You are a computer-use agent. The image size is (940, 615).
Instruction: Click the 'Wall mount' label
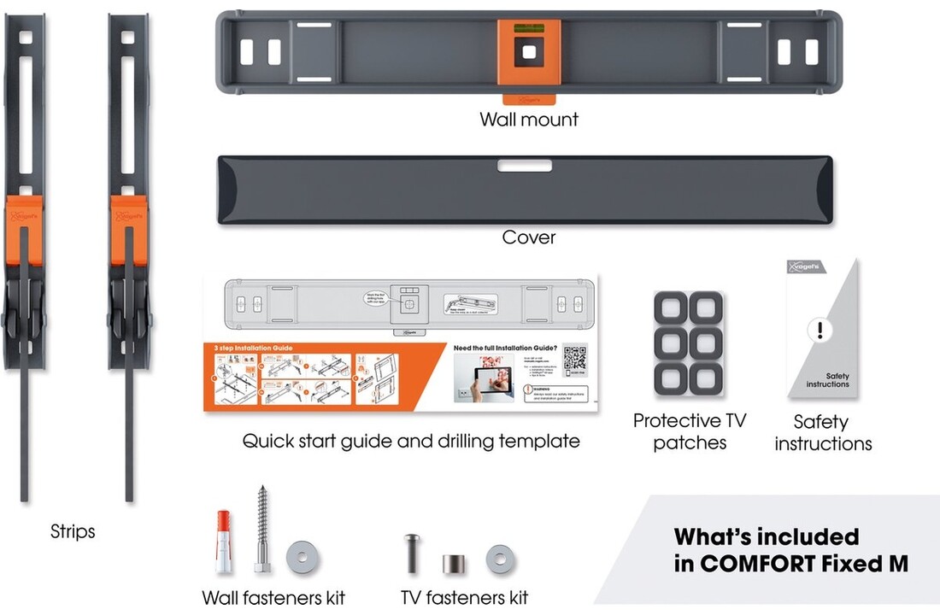pos(528,120)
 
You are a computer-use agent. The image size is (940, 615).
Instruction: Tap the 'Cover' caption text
pos(529,237)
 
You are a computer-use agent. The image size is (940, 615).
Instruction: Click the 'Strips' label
pos(73,532)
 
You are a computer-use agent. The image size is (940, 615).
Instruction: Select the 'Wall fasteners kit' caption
pos(273,597)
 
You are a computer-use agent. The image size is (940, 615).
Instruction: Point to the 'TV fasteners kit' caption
pos(464,597)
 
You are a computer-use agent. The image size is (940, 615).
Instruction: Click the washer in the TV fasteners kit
pos(500,559)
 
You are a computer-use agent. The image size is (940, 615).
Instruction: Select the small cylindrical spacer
pos(451,565)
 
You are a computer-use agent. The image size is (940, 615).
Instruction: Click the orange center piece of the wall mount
pos(529,52)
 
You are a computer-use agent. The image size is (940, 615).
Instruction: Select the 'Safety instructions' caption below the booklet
pos(823,433)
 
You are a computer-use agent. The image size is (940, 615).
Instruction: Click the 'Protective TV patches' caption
pos(690,431)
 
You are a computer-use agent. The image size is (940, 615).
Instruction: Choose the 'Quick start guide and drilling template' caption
pos(411,442)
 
